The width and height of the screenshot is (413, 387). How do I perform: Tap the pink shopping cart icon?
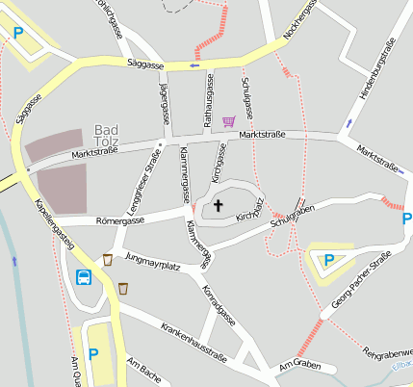pos(228,121)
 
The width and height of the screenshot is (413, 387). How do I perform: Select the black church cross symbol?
pos(218,205)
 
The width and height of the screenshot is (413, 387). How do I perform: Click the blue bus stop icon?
pos(85,277)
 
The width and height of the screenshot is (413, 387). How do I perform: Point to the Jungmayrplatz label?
pos(153,260)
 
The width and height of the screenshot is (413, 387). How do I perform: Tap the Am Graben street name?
pos(298,367)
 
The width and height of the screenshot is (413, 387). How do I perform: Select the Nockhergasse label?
pos(300,21)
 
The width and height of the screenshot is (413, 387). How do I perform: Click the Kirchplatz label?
pos(249,210)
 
